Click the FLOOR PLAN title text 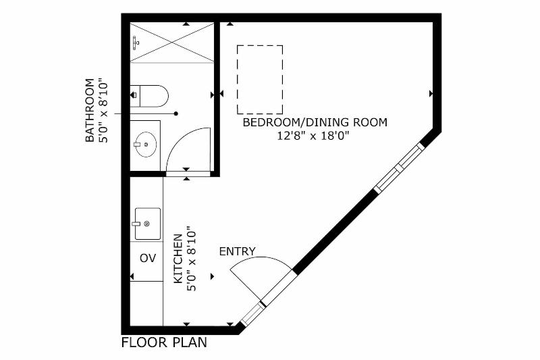coord(164,342)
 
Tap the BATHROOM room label coord(90,110)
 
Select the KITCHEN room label coord(178,259)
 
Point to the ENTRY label coord(238,251)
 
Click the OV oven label coord(148,258)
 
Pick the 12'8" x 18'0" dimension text coord(313,136)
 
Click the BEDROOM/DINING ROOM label coord(315,122)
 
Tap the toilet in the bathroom coord(149,96)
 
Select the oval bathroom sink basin coord(146,145)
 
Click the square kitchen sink coord(147,224)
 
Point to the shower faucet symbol coord(136,43)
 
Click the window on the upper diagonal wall coord(400,168)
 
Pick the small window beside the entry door coord(252,315)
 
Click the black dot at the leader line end coord(176,113)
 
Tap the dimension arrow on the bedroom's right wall coord(431,93)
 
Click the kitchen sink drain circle coord(146,224)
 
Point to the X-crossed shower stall coord(172,43)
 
